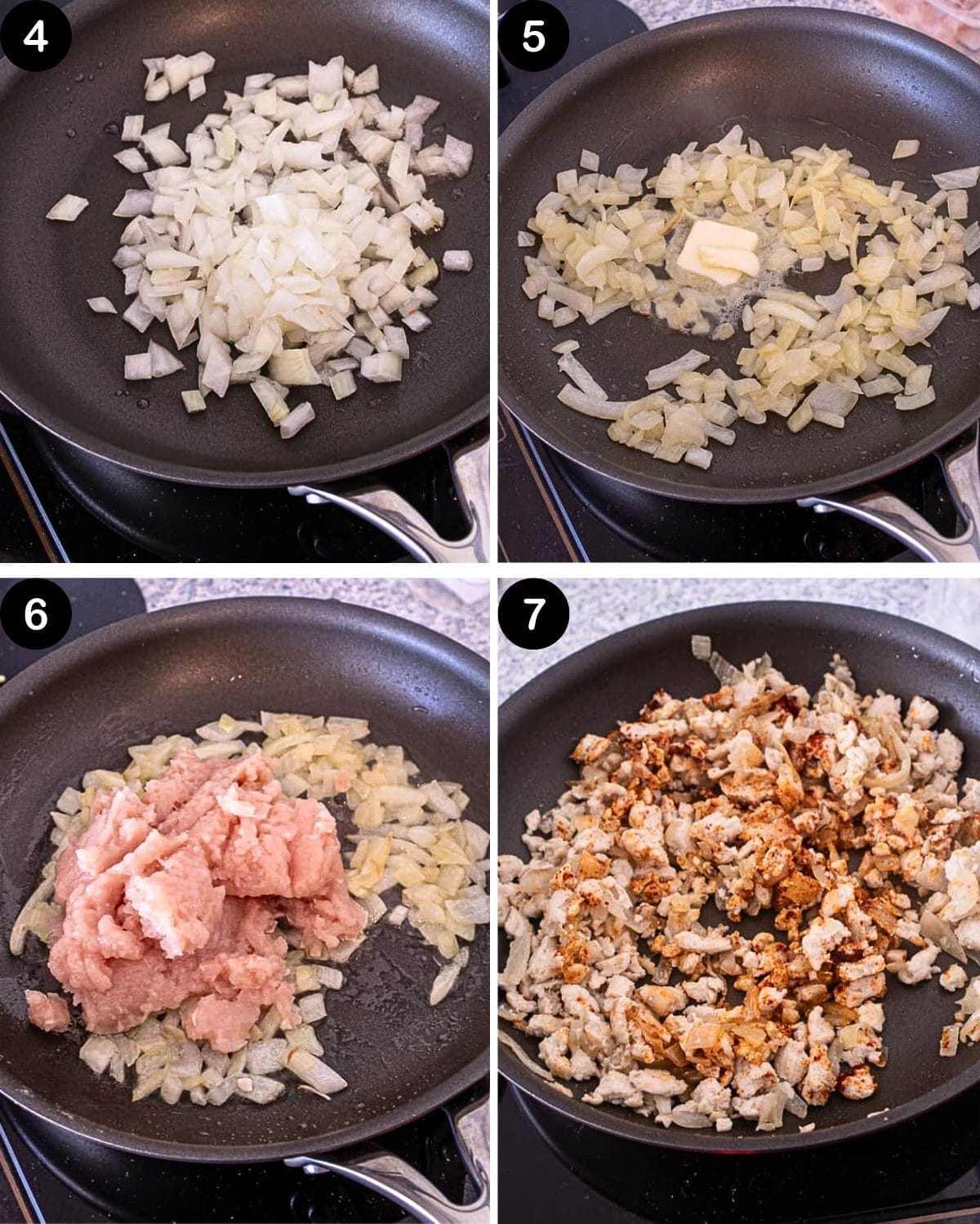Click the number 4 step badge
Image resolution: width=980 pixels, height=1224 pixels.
pyautogui.click(x=36, y=37)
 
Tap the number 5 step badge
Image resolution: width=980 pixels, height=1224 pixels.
pyautogui.click(x=532, y=37)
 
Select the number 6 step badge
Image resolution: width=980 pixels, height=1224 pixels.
pyautogui.click(x=36, y=614)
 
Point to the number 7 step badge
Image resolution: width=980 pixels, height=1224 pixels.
pyautogui.click(x=532, y=614)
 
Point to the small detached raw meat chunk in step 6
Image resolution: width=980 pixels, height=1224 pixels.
pyautogui.click(x=47, y=1009)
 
